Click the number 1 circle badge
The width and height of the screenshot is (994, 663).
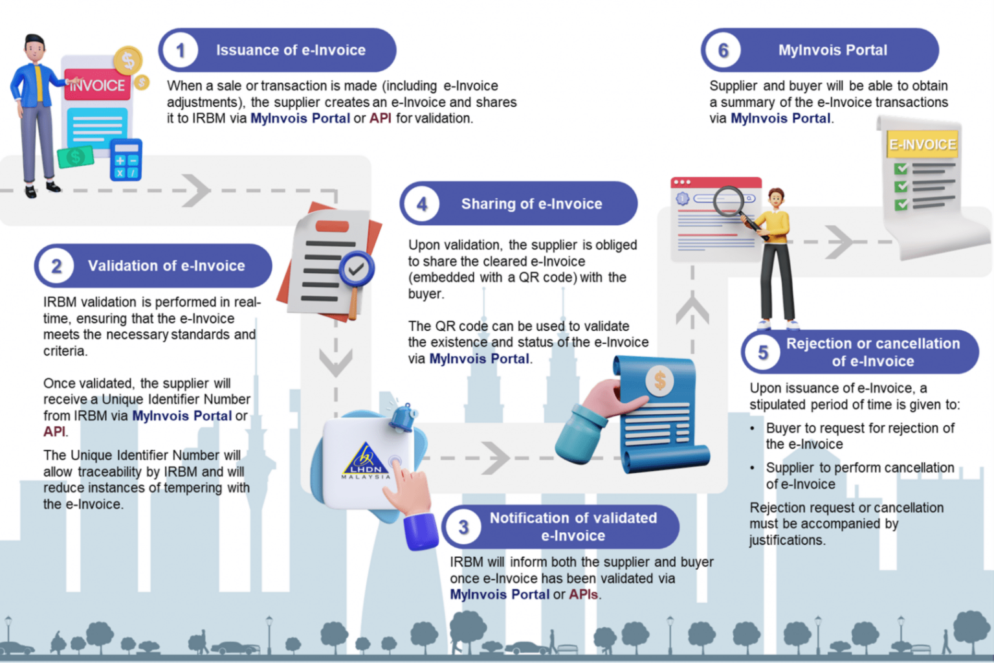click(181, 51)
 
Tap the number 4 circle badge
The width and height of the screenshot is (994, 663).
click(422, 204)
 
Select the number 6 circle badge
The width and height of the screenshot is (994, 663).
click(723, 51)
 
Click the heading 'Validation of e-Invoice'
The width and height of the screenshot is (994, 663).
click(166, 265)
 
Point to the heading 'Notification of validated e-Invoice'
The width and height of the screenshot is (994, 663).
click(573, 526)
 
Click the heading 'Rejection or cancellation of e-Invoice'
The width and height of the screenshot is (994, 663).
click(872, 352)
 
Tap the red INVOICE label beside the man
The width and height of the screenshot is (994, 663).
click(97, 85)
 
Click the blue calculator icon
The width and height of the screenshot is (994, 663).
click(126, 160)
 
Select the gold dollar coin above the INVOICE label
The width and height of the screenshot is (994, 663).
click(127, 62)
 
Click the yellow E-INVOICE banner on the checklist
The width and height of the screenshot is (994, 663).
click(922, 144)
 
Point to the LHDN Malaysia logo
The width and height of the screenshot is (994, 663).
click(366, 461)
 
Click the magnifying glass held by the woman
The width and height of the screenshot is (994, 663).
click(730, 202)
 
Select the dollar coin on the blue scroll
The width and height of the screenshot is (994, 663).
click(659, 381)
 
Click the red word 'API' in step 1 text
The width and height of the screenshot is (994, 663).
click(380, 118)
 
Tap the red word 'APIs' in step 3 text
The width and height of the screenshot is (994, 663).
click(583, 594)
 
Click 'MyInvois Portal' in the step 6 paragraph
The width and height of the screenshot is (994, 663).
click(780, 118)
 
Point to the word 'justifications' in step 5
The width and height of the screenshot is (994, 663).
click(786, 540)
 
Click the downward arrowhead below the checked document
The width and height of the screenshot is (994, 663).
click(335, 363)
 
